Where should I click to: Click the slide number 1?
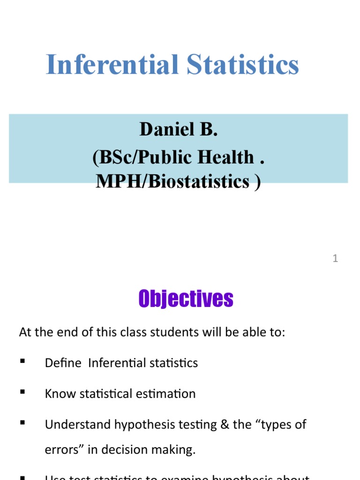tap(335, 258)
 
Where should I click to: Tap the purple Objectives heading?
tap(186, 298)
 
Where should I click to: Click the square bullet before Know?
tap(22, 393)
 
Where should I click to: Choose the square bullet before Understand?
tap(22, 424)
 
